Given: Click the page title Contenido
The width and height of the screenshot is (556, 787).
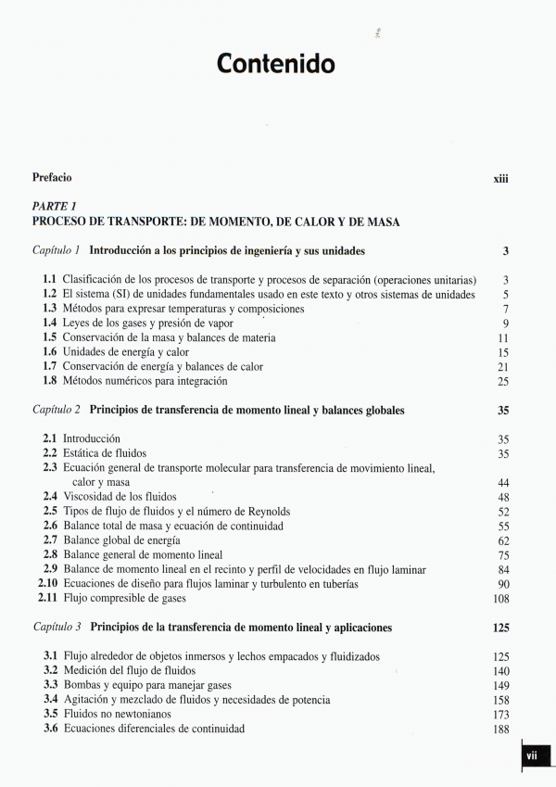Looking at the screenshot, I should [x=276, y=64].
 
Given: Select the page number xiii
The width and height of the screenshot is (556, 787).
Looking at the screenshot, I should [x=501, y=178].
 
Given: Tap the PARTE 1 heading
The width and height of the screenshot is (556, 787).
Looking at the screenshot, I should [x=54, y=207].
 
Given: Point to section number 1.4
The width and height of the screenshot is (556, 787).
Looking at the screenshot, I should [x=49, y=324].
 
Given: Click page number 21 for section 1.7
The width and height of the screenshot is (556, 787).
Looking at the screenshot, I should [x=503, y=368].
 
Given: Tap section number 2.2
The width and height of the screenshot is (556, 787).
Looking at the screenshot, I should [x=49, y=453].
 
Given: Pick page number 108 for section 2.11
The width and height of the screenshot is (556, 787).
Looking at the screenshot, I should [x=501, y=599].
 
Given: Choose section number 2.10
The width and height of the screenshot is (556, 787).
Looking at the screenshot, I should [x=47, y=585].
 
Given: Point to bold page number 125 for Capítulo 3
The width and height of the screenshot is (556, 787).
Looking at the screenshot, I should [x=501, y=628].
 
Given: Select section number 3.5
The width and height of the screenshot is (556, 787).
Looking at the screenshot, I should [x=49, y=715].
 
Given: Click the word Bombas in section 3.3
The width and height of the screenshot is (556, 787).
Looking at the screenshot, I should [x=82, y=686].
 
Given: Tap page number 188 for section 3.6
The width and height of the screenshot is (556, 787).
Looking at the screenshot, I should [x=501, y=730].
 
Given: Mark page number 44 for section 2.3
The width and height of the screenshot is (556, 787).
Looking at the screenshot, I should [x=503, y=483].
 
